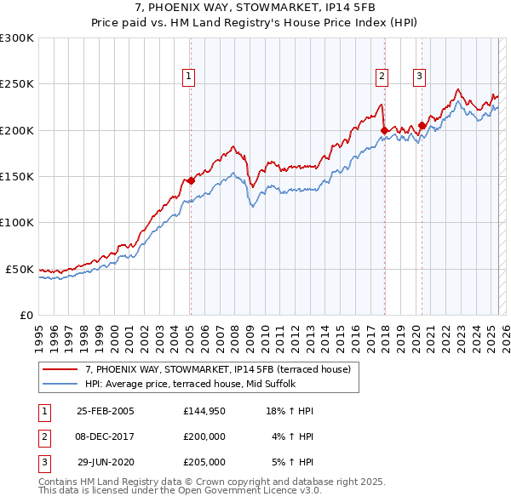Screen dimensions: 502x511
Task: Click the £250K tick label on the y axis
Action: tap(17, 84)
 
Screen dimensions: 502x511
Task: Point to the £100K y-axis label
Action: tap(17, 222)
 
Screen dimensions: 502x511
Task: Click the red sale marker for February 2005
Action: tap(191, 180)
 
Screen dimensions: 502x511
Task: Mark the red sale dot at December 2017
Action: tap(383, 130)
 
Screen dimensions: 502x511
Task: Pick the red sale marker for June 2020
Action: tap(422, 126)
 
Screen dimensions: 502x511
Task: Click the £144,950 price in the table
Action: tap(204, 411)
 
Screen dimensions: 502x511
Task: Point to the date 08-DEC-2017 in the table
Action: tap(106, 436)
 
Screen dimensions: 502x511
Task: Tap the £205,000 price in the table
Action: tap(204, 462)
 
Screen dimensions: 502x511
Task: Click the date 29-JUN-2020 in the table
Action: tap(106, 462)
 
